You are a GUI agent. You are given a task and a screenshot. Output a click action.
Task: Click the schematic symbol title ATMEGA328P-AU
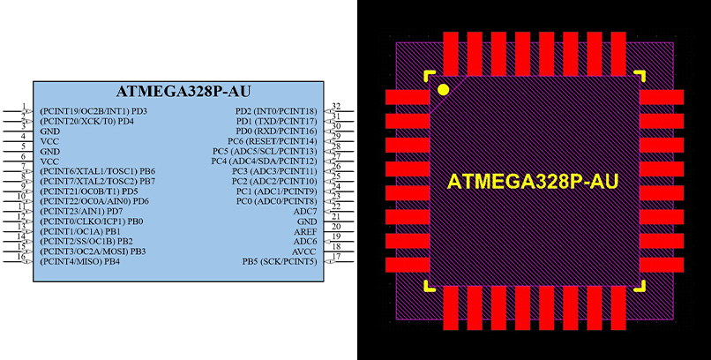pos(179,92)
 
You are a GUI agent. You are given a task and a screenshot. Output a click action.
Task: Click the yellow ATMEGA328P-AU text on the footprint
pos(533,182)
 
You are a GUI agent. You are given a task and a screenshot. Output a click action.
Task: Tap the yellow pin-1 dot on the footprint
pos(443,89)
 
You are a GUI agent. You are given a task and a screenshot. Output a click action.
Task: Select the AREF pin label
pos(305,231)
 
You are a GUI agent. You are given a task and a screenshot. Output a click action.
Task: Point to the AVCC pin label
pos(304,251)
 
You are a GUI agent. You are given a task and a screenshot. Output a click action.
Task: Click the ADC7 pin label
pos(305,212)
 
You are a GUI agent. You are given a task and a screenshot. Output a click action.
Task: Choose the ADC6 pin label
pos(305,241)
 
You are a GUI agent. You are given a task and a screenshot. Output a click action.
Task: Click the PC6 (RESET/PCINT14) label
pos(272,141)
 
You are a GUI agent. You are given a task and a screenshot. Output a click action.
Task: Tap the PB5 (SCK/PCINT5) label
pos(280,262)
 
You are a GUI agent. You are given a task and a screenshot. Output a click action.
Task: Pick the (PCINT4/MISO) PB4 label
pos(80,262)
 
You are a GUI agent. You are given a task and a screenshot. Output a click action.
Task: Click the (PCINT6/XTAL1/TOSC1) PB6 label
pos(98,171)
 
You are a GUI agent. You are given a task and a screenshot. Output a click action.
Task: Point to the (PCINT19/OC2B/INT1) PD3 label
pos(94,111)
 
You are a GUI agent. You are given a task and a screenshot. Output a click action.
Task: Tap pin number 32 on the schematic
pos(336,106)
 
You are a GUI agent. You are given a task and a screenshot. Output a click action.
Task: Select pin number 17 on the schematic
pos(336,257)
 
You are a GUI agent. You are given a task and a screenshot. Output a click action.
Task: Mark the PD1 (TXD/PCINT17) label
pos(275,121)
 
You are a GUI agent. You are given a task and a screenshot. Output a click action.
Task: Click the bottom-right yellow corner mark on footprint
pos(640,285)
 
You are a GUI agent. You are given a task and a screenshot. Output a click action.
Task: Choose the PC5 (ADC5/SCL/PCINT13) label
pos(268,151)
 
